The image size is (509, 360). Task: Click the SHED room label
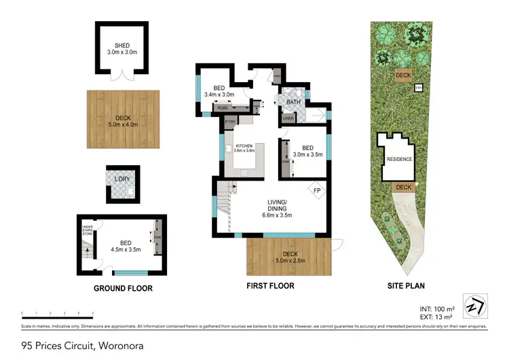point(122,46)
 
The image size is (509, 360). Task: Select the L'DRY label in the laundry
point(121,179)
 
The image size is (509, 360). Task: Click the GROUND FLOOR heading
point(123,288)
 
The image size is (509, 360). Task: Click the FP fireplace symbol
point(316,190)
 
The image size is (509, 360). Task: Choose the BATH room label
point(293,103)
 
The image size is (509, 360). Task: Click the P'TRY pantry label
point(230,122)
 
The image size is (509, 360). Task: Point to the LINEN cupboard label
point(287,119)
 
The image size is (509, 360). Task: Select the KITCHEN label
point(244,146)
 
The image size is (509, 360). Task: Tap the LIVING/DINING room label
point(276,205)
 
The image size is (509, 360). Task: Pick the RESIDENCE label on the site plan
point(399,160)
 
